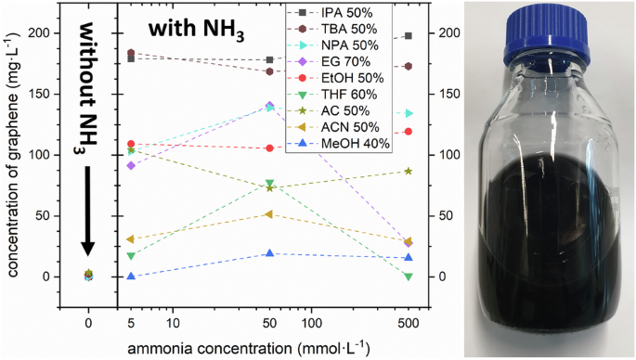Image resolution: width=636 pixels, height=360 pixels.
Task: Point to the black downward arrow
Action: (x=87, y=209)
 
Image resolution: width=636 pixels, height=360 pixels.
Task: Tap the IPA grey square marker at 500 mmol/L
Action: (x=409, y=36)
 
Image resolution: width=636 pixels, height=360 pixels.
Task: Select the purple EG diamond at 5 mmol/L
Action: (x=131, y=165)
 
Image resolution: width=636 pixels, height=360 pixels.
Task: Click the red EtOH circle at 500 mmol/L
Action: (x=409, y=132)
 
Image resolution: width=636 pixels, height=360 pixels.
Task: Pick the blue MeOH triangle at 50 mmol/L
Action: (x=269, y=253)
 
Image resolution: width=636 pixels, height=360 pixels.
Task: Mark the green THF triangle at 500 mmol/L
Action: (x=409, y=276)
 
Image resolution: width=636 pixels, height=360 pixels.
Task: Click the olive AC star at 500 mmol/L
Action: (x=409, y=171)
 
